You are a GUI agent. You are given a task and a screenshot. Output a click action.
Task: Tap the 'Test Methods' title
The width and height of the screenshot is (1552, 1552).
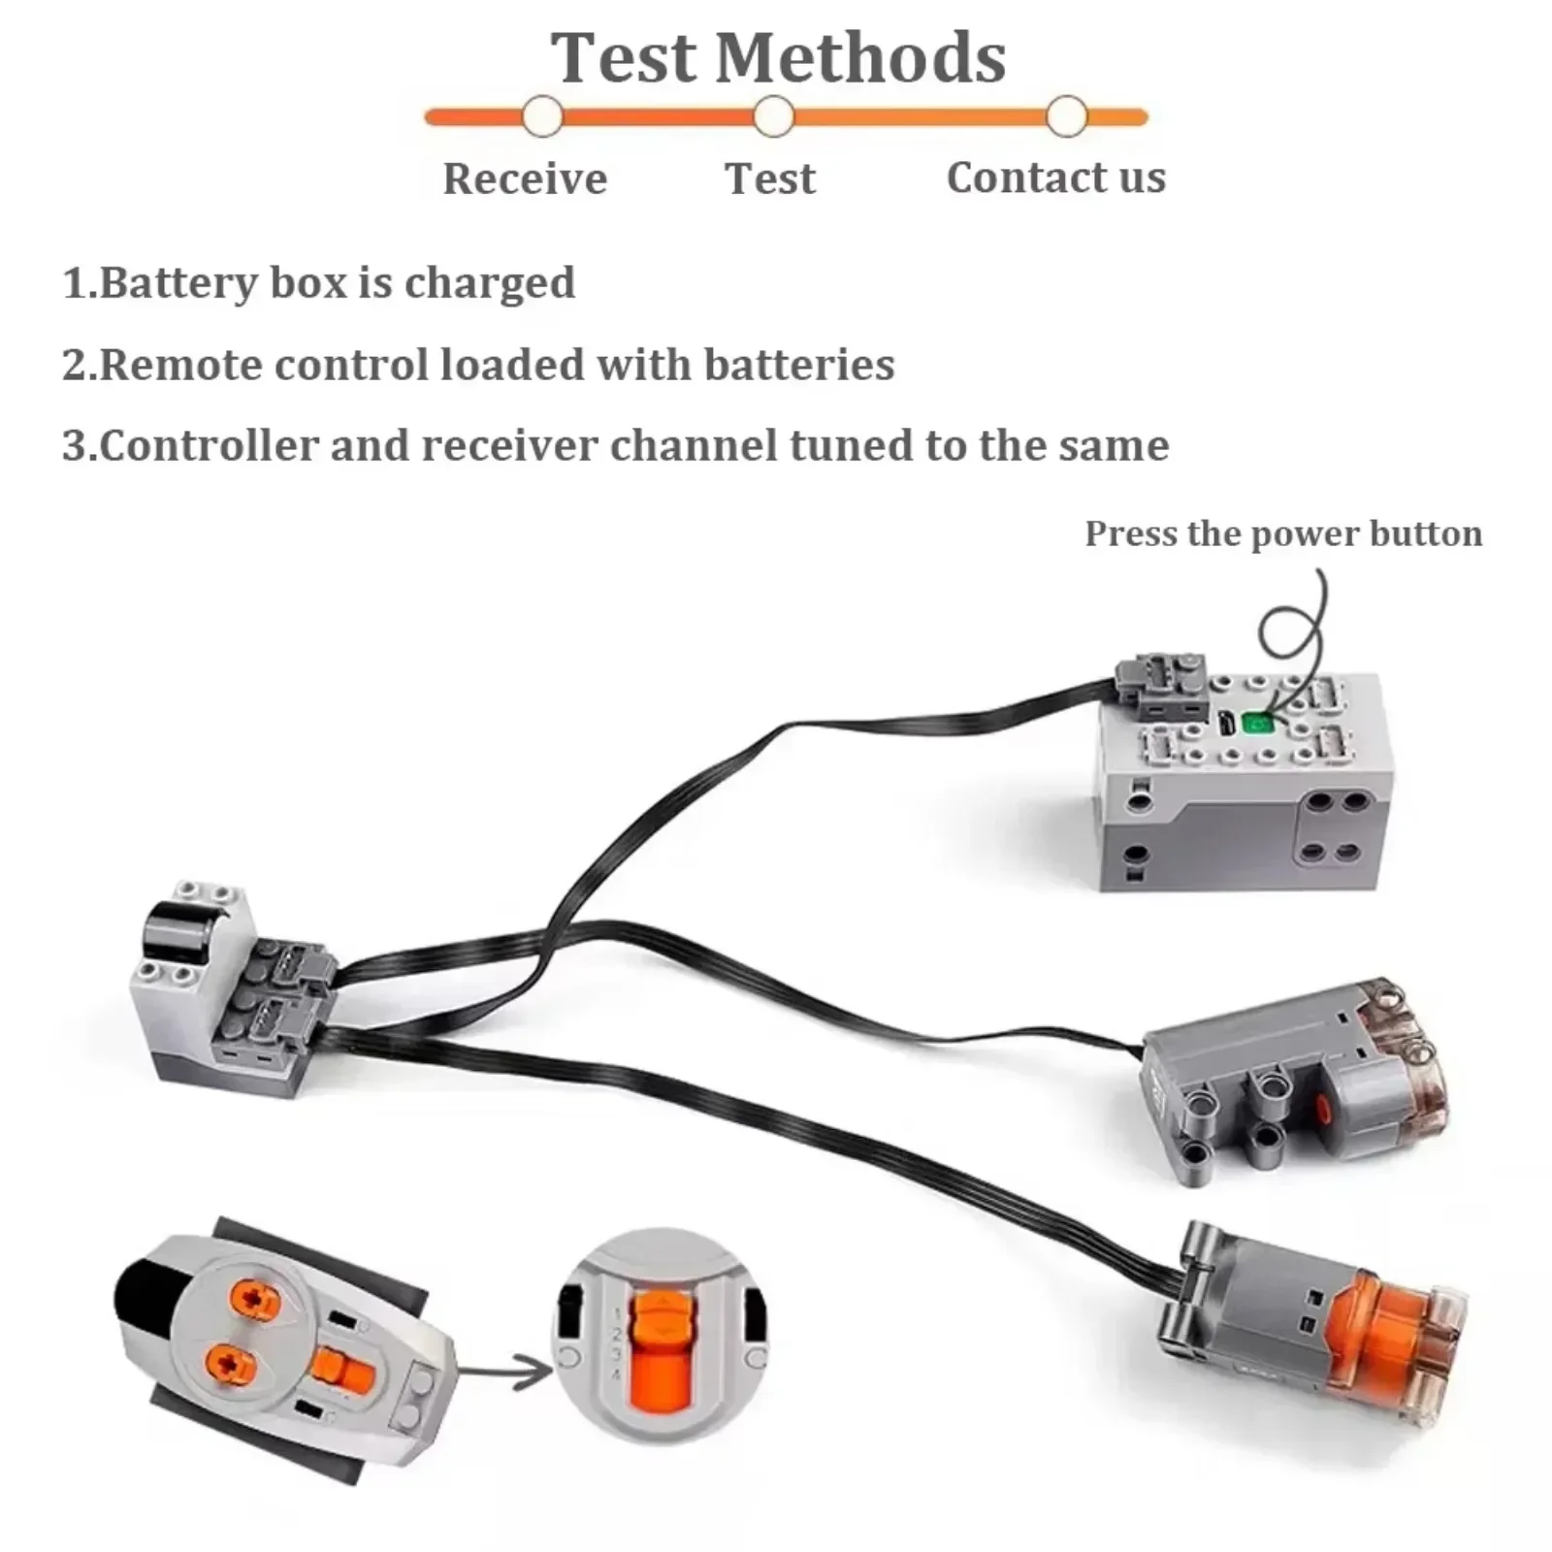(778, 57)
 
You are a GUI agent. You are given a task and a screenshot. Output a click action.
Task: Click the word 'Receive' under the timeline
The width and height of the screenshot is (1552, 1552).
(525, 178)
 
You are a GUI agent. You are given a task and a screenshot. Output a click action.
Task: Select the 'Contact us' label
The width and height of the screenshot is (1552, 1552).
(1056, 178)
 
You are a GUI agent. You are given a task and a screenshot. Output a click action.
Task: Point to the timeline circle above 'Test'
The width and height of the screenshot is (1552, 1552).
(773, 117)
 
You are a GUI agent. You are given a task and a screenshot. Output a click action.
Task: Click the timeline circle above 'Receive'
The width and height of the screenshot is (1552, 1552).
(542, 117)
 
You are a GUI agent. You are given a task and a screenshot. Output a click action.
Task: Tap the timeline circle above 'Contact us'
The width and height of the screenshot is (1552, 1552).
(1066, 117)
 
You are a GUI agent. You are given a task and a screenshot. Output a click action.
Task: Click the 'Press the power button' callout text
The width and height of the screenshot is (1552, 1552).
(1282, 533)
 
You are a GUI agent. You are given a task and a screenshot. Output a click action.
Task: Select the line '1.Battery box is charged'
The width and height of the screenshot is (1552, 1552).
(319, 283)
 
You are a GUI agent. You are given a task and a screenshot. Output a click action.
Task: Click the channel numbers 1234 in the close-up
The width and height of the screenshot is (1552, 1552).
(615, 1343)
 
